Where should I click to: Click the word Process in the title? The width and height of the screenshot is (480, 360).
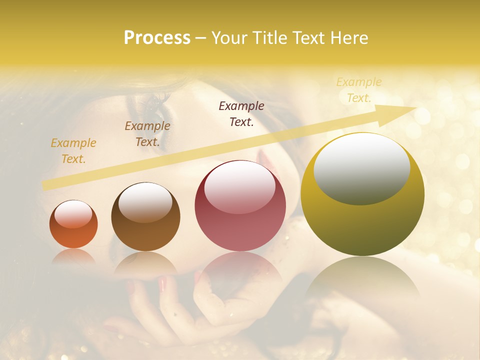point(157,38)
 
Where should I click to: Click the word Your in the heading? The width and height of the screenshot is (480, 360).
point(229,38)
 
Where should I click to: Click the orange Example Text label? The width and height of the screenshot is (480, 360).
point(73,151)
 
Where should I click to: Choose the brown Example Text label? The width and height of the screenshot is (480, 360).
point(147,134)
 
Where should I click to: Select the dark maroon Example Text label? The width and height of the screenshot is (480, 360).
point(241,114)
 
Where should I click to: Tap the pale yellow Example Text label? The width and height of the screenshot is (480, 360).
point(359,90)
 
